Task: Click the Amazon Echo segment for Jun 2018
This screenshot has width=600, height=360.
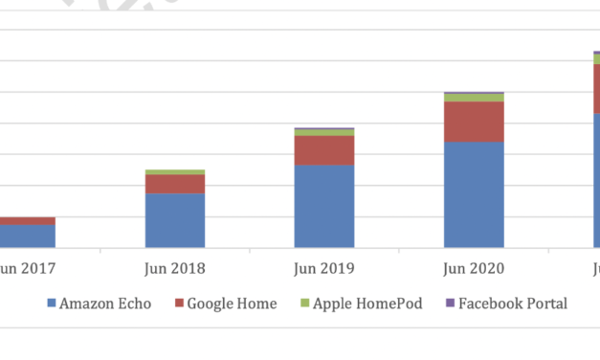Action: [x=175, y=220]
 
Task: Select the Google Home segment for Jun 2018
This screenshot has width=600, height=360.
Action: [x=175, y=184]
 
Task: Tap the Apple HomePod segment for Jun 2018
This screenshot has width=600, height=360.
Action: [x=175, y=172]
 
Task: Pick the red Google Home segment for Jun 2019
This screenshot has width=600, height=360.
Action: [x=323, y=150]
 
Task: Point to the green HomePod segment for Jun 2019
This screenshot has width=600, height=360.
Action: [x=323, y=132]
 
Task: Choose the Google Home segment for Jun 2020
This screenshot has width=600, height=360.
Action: [x=474, y=122]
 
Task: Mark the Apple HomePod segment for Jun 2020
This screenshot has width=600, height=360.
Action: [x=474, y=98]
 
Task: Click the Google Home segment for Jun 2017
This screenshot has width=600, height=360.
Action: [x=27, y=221]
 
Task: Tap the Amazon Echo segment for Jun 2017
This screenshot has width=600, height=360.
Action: [x=27, y=236]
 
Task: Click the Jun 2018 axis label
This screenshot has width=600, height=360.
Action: [x=175, y=268]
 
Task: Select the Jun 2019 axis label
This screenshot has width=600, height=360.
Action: [x=323, y=268]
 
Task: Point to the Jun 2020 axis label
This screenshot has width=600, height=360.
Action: [x=474, y=268]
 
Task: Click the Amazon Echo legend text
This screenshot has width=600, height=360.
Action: [x=105, y=304]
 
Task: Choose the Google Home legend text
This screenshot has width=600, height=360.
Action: [x=232, y=304]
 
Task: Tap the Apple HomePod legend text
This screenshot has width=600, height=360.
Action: [x=368, y=304]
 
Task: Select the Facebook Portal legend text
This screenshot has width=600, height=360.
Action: [x=513, y=304]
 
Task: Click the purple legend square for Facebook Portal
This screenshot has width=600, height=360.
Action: [x=451, y=304]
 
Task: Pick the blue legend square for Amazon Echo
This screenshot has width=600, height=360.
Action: [x=52, y=304]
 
